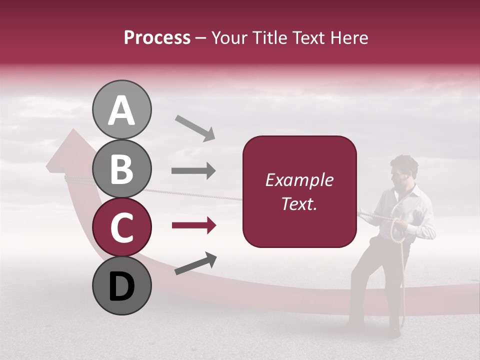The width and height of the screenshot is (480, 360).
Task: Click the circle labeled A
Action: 121,109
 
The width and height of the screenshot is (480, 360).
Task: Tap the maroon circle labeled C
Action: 121,227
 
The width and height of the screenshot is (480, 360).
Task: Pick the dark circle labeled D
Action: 121,285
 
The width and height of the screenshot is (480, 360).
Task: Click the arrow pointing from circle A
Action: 194,127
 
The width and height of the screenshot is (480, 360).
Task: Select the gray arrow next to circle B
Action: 193,171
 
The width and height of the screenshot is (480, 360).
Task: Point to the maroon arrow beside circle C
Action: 193,226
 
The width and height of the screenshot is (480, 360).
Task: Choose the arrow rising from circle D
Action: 195,263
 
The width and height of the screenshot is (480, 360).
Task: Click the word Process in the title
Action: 157,37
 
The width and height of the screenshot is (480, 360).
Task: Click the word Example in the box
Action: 299,180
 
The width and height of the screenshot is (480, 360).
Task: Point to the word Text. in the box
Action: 299,204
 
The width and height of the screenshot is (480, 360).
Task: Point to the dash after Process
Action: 200,38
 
